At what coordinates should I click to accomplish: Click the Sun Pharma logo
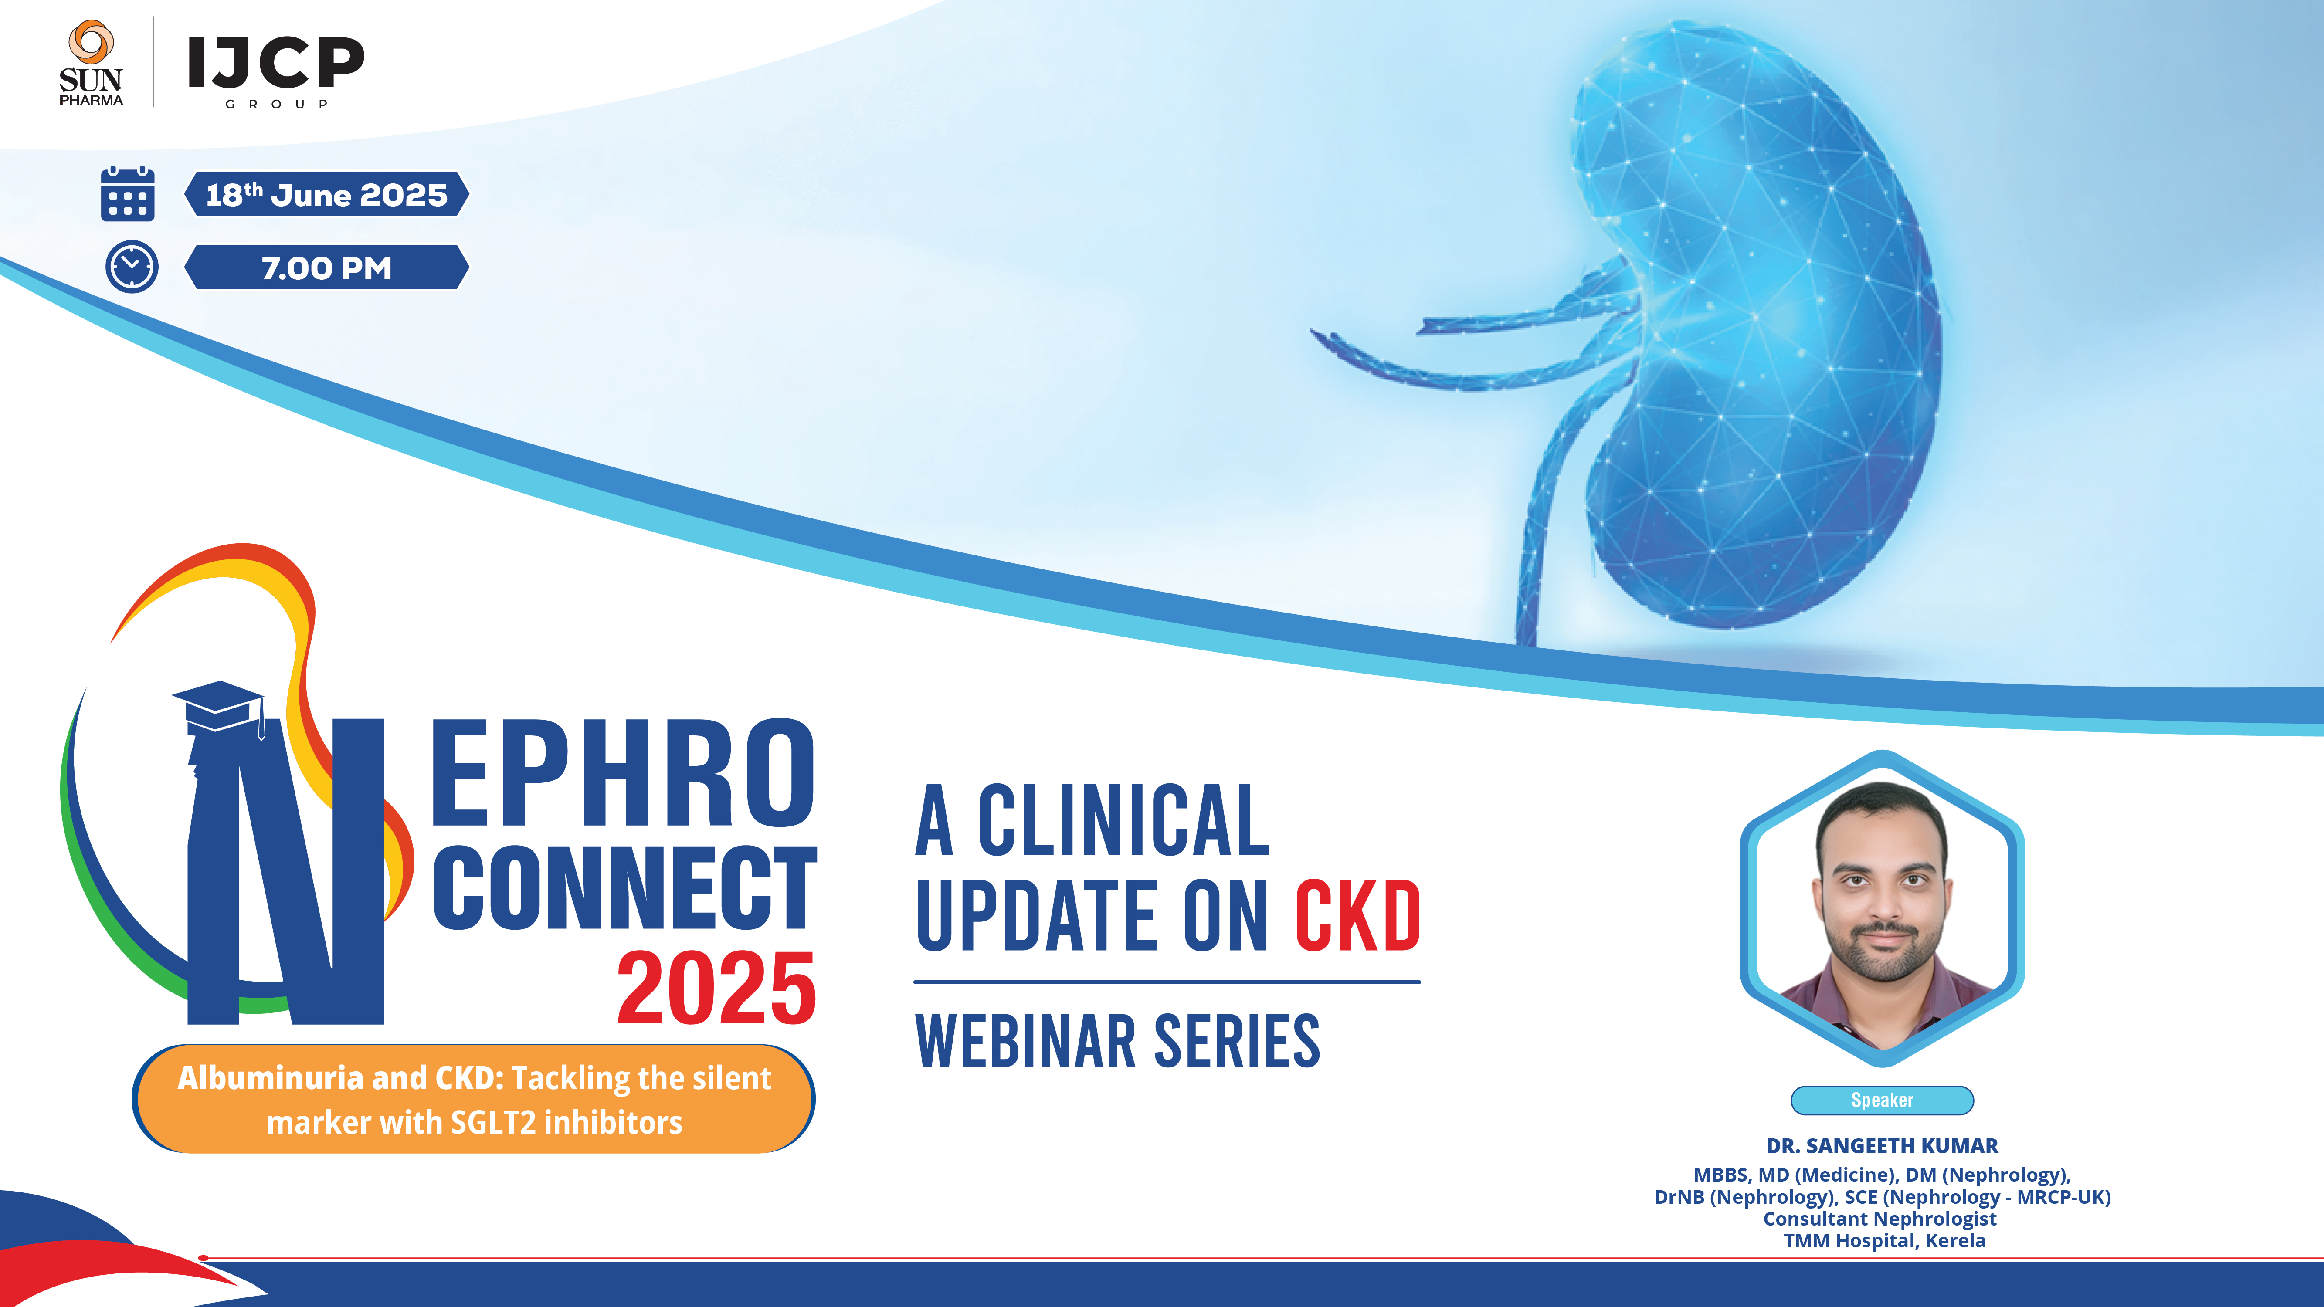(90, 63)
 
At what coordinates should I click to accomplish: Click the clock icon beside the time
(132, 267)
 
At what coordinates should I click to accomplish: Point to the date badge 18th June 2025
(326, 194)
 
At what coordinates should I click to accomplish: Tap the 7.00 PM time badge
(326, 268)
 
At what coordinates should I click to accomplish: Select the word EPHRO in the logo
(622, 774)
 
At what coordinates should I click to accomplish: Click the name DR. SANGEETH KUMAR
(1882, 1145)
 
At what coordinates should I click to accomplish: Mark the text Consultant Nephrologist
(1880, 1219)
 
